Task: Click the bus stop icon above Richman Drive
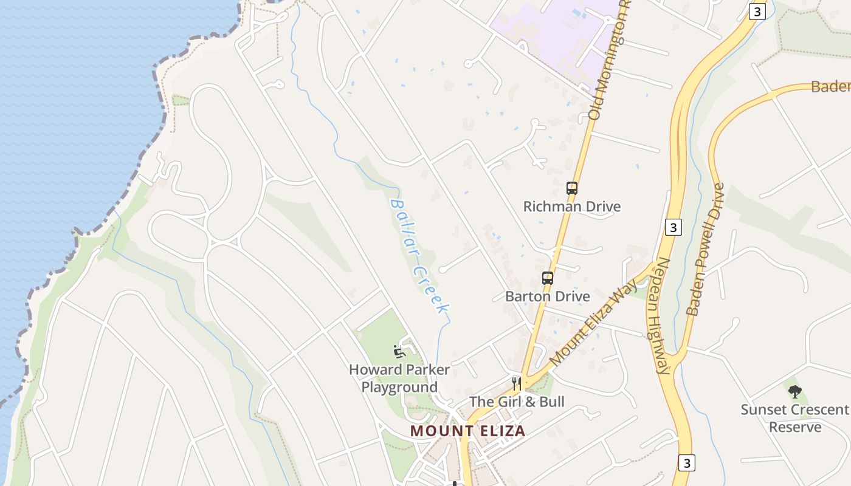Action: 572,188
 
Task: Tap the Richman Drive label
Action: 572,207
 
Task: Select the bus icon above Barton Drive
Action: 548,278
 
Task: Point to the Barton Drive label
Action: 548,296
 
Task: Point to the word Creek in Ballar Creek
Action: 431,290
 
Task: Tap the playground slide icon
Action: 399,351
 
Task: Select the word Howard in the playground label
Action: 375,369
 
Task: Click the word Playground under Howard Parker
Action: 399,388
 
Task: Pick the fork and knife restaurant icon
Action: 516,383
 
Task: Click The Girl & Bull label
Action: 517,402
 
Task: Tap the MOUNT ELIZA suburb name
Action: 467,431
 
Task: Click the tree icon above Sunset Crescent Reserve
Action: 794,392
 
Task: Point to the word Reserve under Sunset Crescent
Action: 795,427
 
